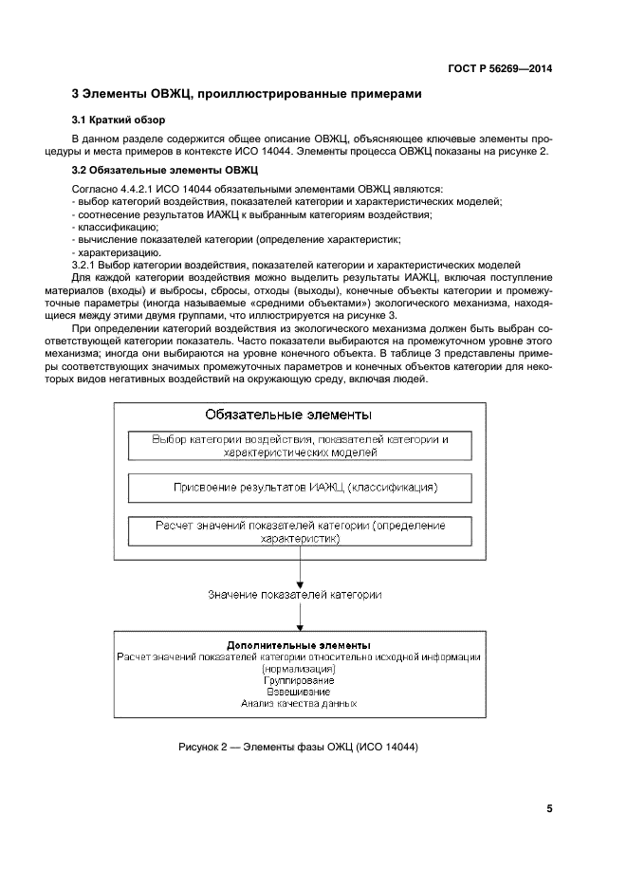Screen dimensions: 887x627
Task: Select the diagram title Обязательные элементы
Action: [288, 415]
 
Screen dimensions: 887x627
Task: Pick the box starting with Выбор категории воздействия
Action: [300, 446]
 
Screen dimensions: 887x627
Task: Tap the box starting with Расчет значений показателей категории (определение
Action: [300, 531]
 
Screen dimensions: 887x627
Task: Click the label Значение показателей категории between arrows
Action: [295, 595]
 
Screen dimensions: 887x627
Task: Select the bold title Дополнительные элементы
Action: [298, 645]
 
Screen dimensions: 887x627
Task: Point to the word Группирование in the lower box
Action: [298, 680]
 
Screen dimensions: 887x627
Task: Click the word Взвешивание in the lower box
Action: [298, 692]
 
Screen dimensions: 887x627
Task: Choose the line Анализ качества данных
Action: [298, 703]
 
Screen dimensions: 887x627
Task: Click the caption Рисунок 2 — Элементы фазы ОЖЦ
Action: [298, 747]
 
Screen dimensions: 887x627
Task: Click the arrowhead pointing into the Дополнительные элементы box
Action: [300, 627]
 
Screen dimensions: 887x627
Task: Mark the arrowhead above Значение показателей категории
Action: [300, 582]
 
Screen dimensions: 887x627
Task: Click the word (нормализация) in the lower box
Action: [298, 669]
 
